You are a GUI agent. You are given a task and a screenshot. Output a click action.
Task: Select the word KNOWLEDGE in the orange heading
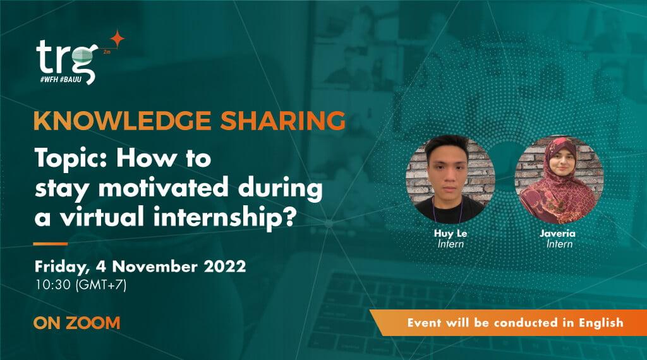(x=104, y=121)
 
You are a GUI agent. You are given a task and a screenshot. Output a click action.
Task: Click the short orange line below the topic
(x=51, y=243)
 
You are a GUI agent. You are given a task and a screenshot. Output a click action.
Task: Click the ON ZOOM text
(x=77, y=323)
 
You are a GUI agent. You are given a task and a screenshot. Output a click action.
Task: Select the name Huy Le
(x=450, y=234)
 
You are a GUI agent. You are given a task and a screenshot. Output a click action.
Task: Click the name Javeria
(x=560, y=234)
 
